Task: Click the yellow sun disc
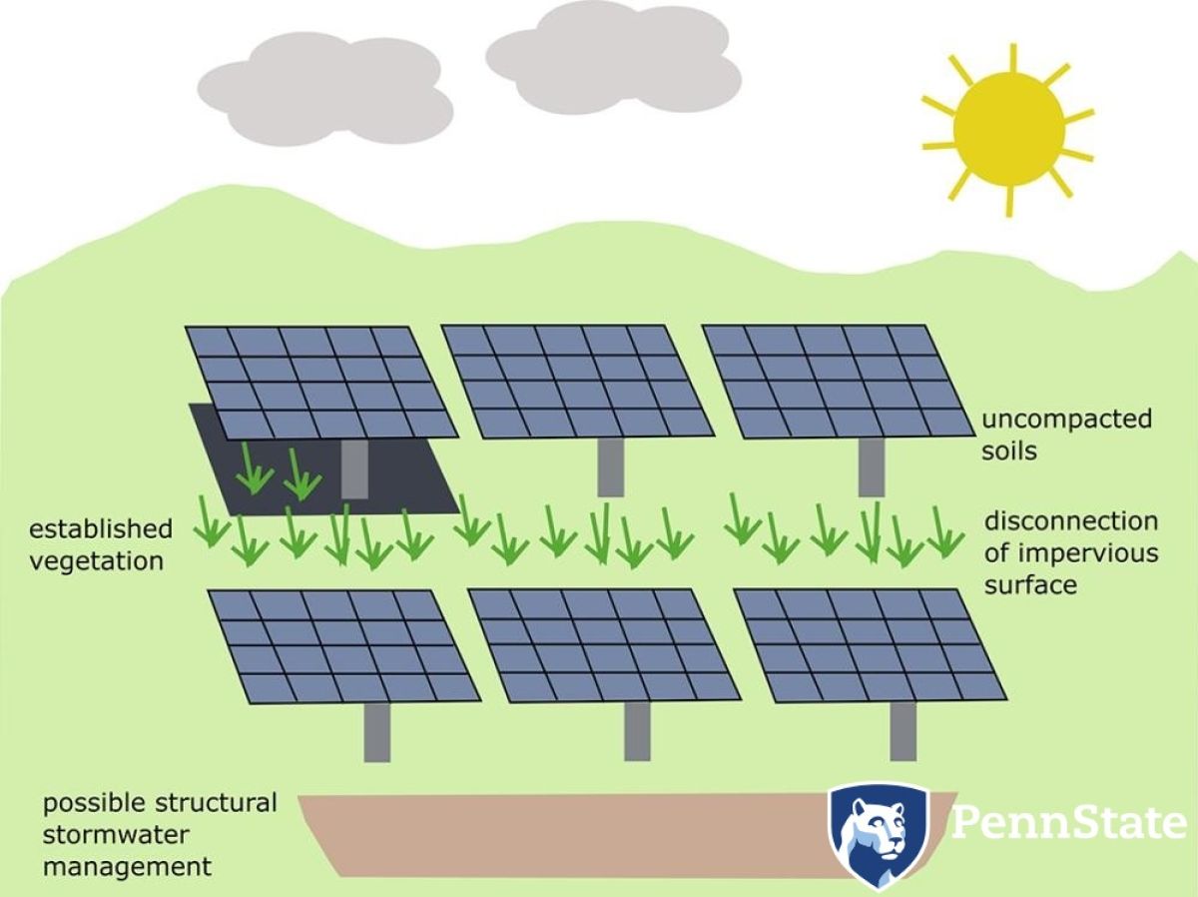[x=1009, y=129]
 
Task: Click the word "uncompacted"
[x=1066, y=420]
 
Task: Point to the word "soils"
[x=1009, y=450]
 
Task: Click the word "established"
[x=101, y=529]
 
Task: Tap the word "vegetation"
[x=96, y=561]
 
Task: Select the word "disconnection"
[x=1071, y=521]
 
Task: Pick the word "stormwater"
[x=116, y=835]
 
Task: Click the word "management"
[x=127, y=867]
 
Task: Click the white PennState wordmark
[x=1068, y=824]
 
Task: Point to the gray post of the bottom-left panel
[x=377, y=732]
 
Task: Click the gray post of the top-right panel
[x=872, y=467]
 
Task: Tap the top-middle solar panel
[x=577, y=381]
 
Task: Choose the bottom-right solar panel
[x=870, y=644]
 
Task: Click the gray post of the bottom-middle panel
[x=638, y=731]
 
